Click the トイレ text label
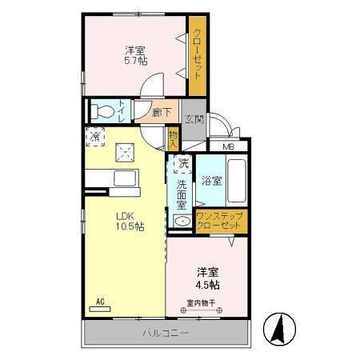tap(122, 111)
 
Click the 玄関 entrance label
tap(194, 119)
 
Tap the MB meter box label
tap(229, 147)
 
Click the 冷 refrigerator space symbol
tap(96, 137)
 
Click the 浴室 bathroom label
tap(212, 181)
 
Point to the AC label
tap(101, 302)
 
